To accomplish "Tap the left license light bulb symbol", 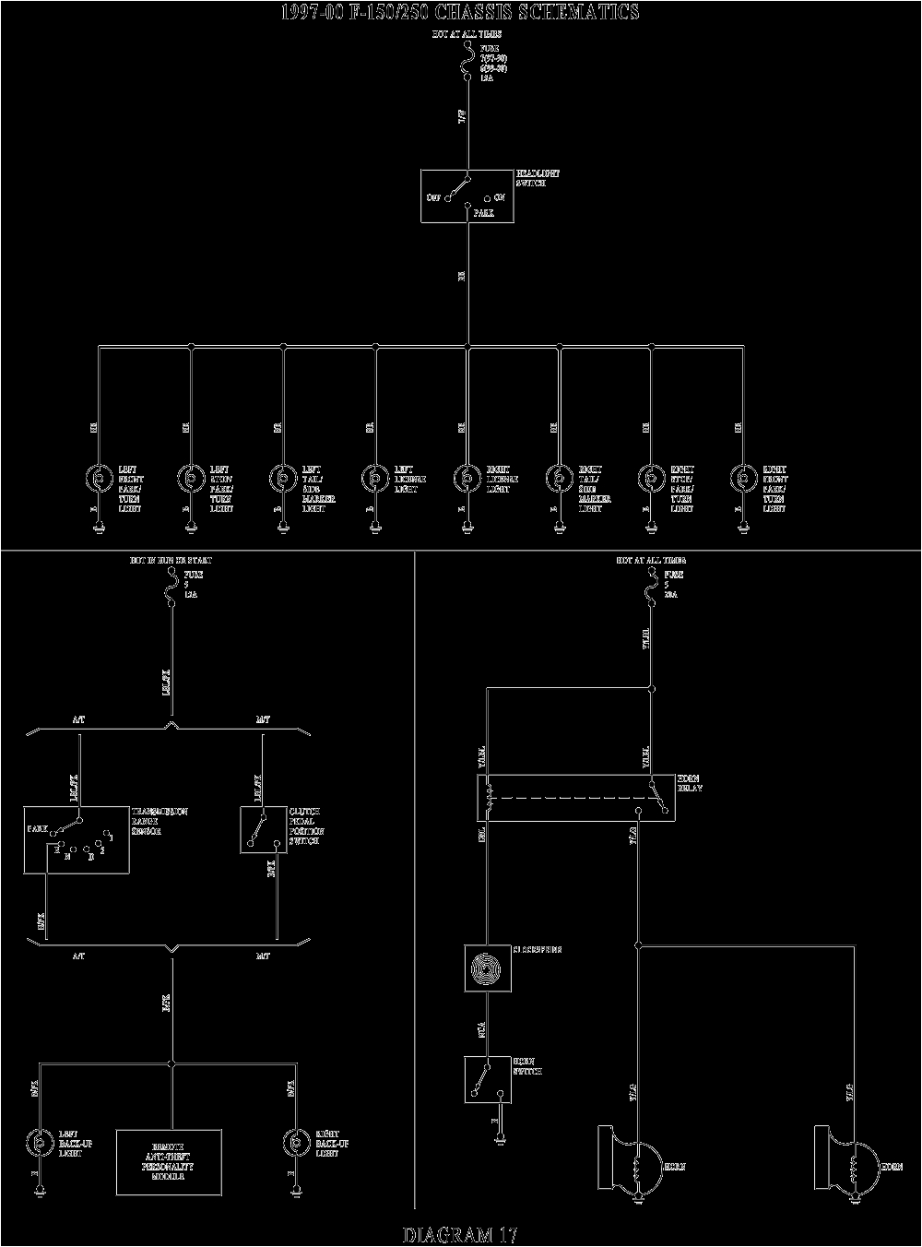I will click(x=374, y=479).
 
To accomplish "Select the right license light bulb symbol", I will click(x=467, y=479).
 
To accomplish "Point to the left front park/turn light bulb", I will click(x=98, y=479).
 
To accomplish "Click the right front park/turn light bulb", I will click(x=743, y=479).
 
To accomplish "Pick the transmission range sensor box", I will click(x=77, y=839).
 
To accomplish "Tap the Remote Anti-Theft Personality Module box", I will click(x=169, y=1159).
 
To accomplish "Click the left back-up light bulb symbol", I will click(x=40, y=1141).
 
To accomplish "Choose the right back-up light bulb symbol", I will click(x=296, y=1141).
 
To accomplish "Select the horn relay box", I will click(x=574, y=798).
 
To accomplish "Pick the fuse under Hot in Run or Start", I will click(x=171, y=585).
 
